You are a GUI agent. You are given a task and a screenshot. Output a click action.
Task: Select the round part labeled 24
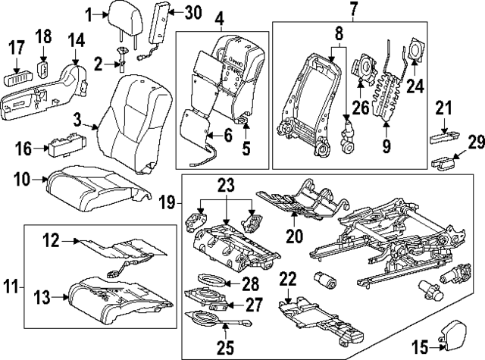click(416, 50)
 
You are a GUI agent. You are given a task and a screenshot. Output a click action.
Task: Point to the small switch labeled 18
click(42, 70)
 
